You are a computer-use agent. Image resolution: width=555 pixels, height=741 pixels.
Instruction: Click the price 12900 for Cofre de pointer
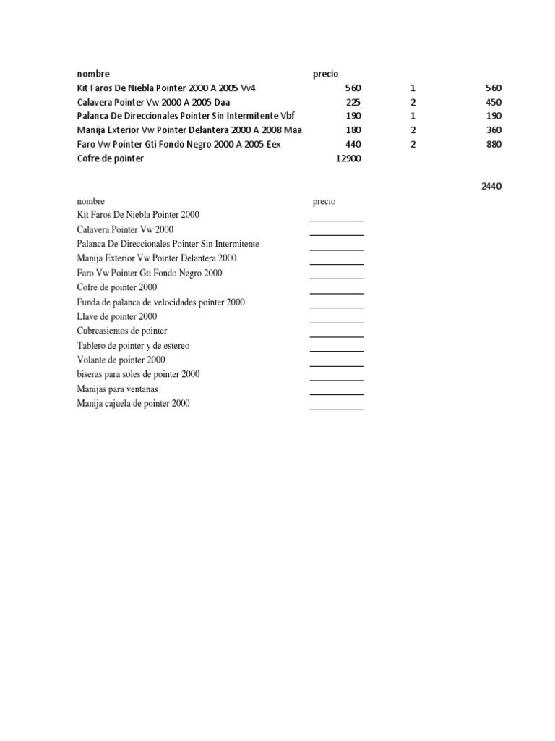coord(348,158)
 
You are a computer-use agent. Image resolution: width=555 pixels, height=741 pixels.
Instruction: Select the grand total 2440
coord(491,186)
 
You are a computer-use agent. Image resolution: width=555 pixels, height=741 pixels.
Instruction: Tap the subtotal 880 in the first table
coord(494,144)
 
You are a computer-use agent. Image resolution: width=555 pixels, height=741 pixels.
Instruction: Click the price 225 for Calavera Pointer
coord(353,102)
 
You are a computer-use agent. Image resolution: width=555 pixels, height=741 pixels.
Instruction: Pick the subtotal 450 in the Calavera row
coord(494,102)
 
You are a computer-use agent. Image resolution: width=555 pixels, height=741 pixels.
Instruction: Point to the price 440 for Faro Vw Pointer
coord(353,144)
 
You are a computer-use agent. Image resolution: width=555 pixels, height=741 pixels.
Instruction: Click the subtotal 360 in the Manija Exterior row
coord(494,130)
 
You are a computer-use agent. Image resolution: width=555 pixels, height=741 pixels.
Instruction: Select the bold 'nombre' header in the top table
coord(93,74)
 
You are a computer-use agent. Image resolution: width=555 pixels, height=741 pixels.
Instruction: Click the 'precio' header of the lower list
coord(324,201)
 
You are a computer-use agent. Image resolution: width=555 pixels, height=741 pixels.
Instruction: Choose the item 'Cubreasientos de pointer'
coord(121,331)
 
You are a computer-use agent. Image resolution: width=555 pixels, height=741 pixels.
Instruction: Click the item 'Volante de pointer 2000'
coord(121,360)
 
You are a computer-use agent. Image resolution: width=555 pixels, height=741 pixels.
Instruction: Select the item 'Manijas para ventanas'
coord(117,389)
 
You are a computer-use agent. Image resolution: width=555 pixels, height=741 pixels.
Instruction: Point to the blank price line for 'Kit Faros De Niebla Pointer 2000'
coord(337,219)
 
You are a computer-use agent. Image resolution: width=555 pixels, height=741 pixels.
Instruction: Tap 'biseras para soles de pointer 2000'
coord(138,374)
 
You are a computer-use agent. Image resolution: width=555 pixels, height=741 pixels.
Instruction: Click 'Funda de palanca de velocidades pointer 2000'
coord(160,302)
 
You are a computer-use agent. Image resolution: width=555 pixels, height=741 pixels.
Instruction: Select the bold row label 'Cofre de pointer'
coord(110,158)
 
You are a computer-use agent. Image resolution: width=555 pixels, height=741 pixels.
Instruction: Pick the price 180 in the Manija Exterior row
coord(353,130)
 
